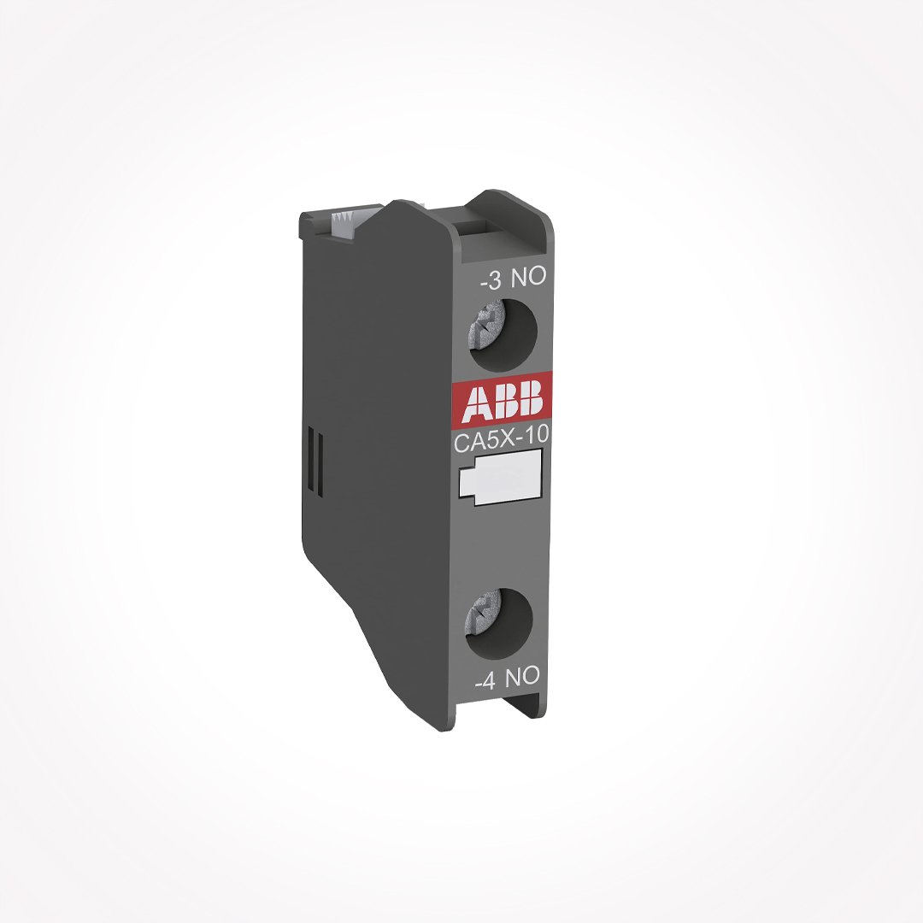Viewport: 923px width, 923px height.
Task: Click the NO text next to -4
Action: point(521,678)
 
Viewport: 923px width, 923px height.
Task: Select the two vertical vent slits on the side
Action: point(315,461)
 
